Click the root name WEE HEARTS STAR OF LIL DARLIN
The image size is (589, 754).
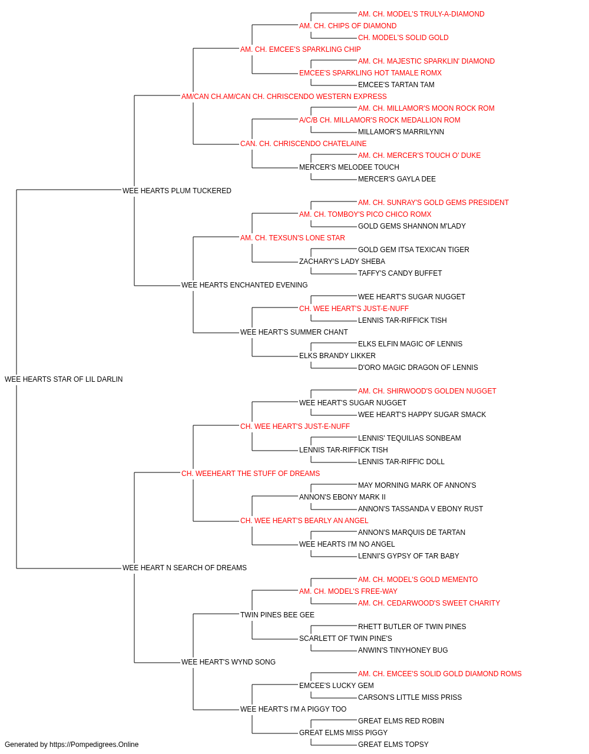click(x=64, y=379)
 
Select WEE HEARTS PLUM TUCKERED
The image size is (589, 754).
click(x=177, y=191)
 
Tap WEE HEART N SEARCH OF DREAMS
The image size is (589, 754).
click(x=184, y=568)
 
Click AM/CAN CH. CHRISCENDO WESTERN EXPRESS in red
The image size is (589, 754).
click(x=284, y=97)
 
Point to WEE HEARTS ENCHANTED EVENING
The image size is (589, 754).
click(x=244, y=285)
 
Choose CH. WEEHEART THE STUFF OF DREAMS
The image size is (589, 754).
click(x=251, y=473)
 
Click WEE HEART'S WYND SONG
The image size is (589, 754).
click(x=229, y=662)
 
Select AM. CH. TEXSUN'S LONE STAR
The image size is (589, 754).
click(x=293, y=237)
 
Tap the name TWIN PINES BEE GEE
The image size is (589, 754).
click(x=277, y=615)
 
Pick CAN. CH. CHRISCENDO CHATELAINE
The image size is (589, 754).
click(x=303, y=144)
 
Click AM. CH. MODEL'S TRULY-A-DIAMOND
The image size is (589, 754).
click(x=422, y=14)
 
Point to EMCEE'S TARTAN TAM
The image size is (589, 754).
click(x=396, y=85)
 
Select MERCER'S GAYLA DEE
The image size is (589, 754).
click(x=397, y=179)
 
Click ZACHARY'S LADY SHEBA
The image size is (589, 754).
click(x=342, y=262)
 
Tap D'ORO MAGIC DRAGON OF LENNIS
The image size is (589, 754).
click(x=418, y=368)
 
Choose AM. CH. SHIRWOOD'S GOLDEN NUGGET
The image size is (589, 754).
click(x=428, y=391)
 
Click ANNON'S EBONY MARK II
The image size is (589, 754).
click(x=342, y=497)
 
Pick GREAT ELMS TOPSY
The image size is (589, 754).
click(x=393, y=745)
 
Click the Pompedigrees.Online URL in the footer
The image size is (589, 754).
click(x=94, y=745)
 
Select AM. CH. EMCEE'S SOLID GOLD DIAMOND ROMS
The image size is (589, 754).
click(x=440, y=673)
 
